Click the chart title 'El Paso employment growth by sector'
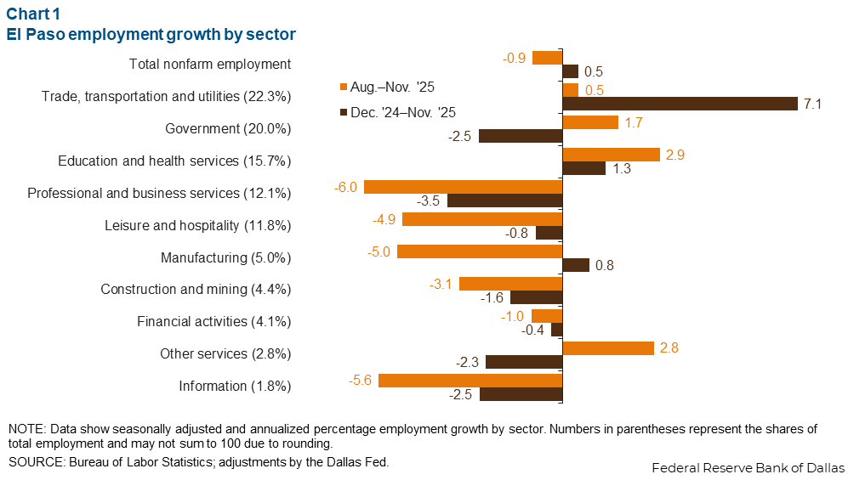(x=151, y=35)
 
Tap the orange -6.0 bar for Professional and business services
(x=463, y=187)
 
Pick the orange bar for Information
(x=470, y=381)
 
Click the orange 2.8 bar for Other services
(x=608, y=348)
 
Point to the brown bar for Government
(x=521, y=136)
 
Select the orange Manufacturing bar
(x=480, y=251)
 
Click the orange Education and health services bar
(x=612, y=155)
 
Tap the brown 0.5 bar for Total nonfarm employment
(x=571, y=71)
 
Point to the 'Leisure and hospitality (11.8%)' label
(x=198, y=225)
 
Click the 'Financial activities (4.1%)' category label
(x=214, y=322)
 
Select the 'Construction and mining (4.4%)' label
(x=196, y=290)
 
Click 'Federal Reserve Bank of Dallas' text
(x=748, y=468)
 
